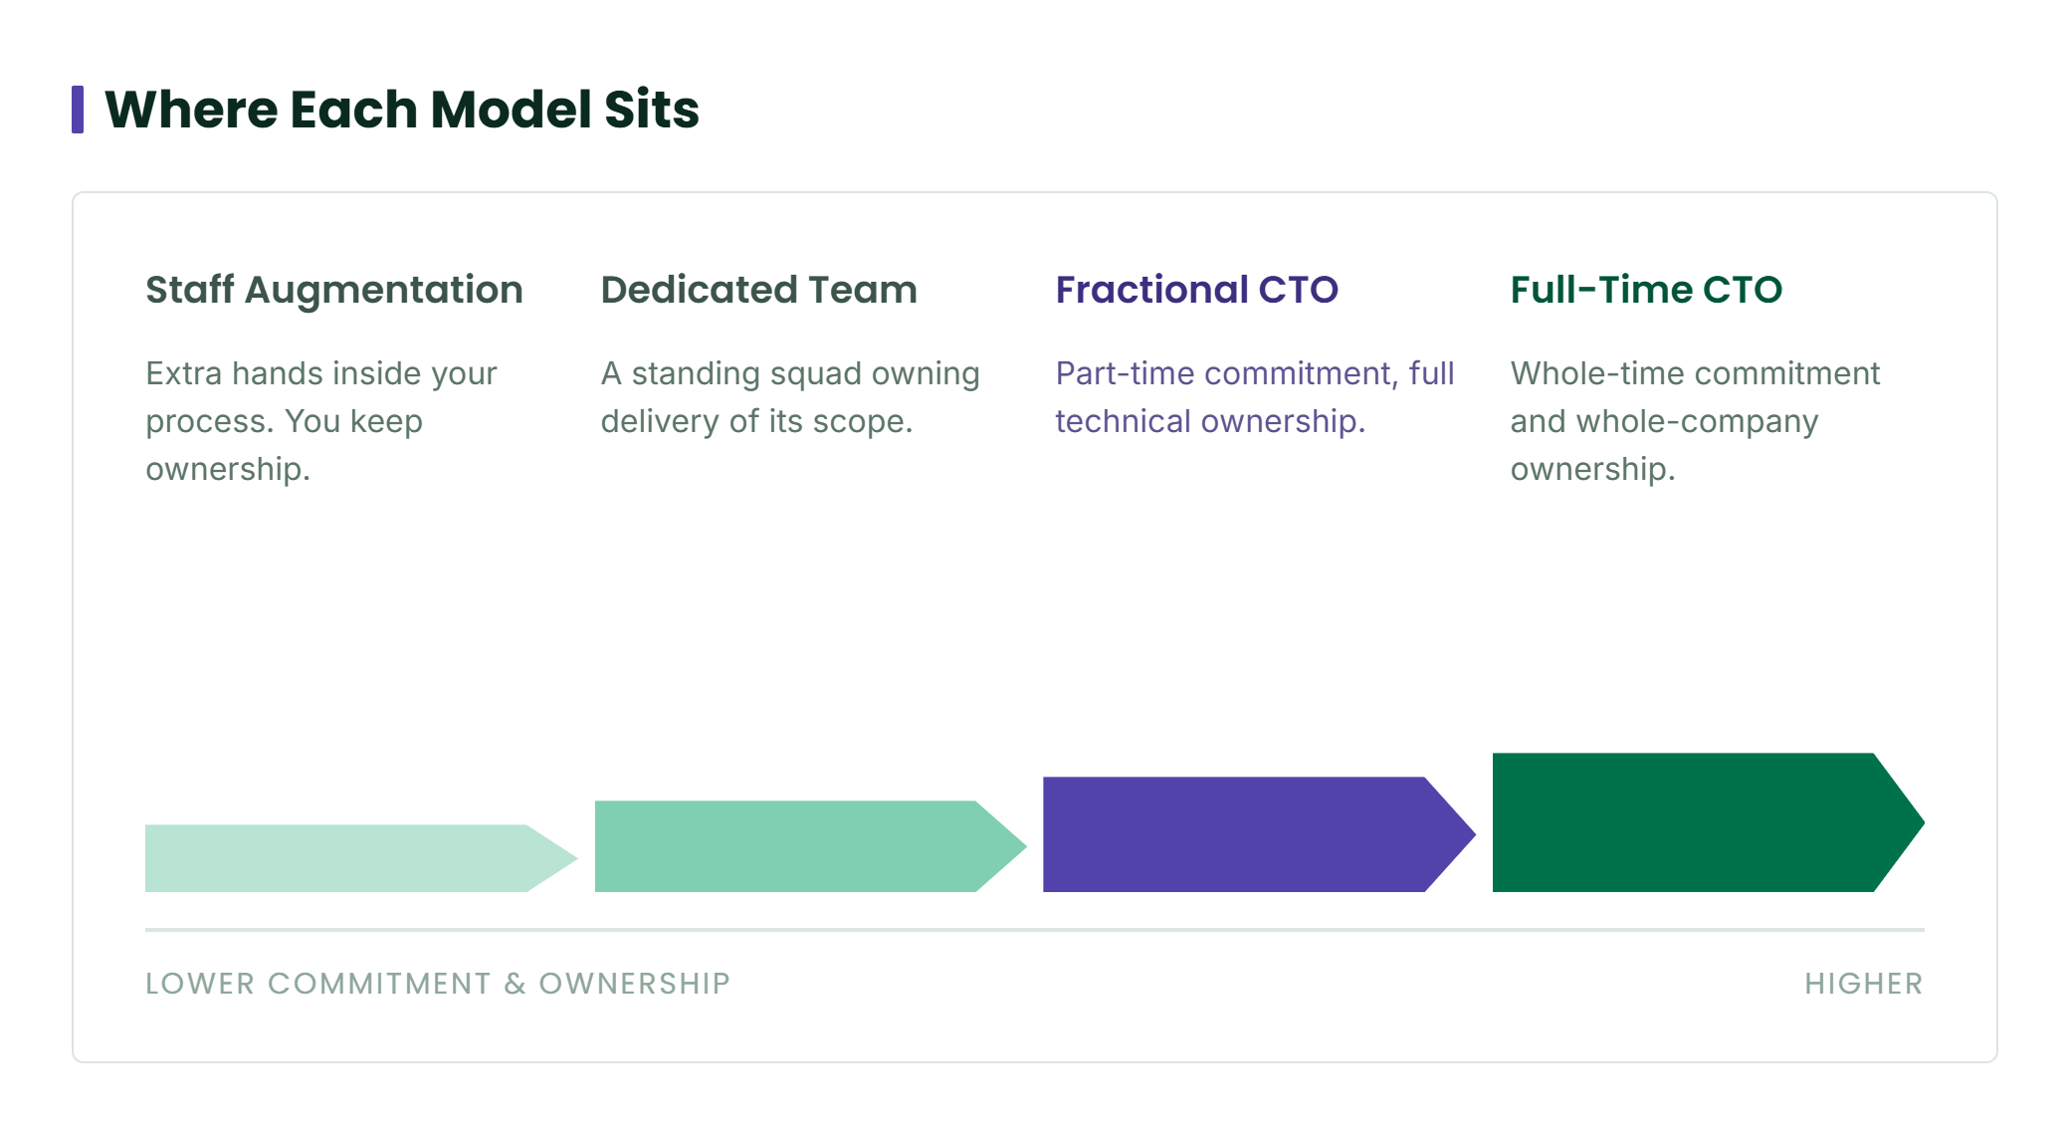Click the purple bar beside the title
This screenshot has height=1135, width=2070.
(78, 110)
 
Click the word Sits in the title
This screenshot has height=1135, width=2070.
(652, 110)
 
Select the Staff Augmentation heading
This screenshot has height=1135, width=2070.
(334, 290)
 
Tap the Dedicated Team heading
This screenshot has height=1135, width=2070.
(758, 290)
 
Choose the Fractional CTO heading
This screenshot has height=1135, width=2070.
(1197, 290)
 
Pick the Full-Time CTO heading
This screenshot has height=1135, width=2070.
(1646, 290)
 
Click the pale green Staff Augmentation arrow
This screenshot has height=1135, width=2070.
(361, 858)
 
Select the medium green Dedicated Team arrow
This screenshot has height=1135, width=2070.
(811, 846)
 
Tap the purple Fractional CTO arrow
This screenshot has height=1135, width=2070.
(1260, 834)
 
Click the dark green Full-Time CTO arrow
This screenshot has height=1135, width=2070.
(1709, 822)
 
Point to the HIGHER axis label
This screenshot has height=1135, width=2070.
(1864, 984)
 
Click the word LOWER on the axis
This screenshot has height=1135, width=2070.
(200, 984)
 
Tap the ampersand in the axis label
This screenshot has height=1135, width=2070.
(515, 984)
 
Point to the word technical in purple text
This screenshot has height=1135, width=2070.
(1123, 421)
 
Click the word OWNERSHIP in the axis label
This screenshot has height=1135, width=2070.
(635, 984)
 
